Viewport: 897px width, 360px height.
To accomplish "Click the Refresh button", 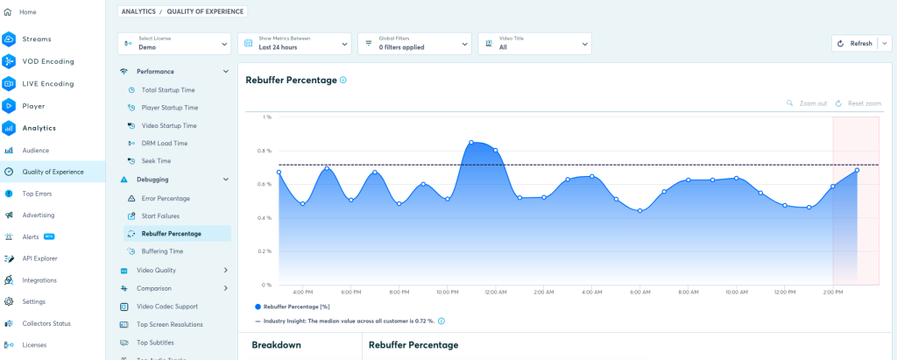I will point(855,43).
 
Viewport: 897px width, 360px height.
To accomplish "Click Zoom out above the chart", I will point(807,103).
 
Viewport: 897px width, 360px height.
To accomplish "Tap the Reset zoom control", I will point(858,103).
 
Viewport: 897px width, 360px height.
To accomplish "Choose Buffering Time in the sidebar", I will point(162,251).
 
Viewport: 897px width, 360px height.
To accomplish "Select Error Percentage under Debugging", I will point(166,198).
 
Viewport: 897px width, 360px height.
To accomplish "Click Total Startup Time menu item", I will point(168,90).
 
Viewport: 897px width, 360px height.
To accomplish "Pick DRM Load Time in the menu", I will point(165,144).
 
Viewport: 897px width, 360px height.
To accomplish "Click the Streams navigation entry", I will point(37,39).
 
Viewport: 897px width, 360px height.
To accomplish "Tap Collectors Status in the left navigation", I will point(46,323).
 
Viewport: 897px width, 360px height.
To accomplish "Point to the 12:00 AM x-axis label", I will point(495,293).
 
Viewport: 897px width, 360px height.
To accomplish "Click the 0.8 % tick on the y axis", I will point(264,151).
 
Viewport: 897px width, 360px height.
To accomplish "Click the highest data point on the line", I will point(471,142).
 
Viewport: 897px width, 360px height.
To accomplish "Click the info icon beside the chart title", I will point(343,80).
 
